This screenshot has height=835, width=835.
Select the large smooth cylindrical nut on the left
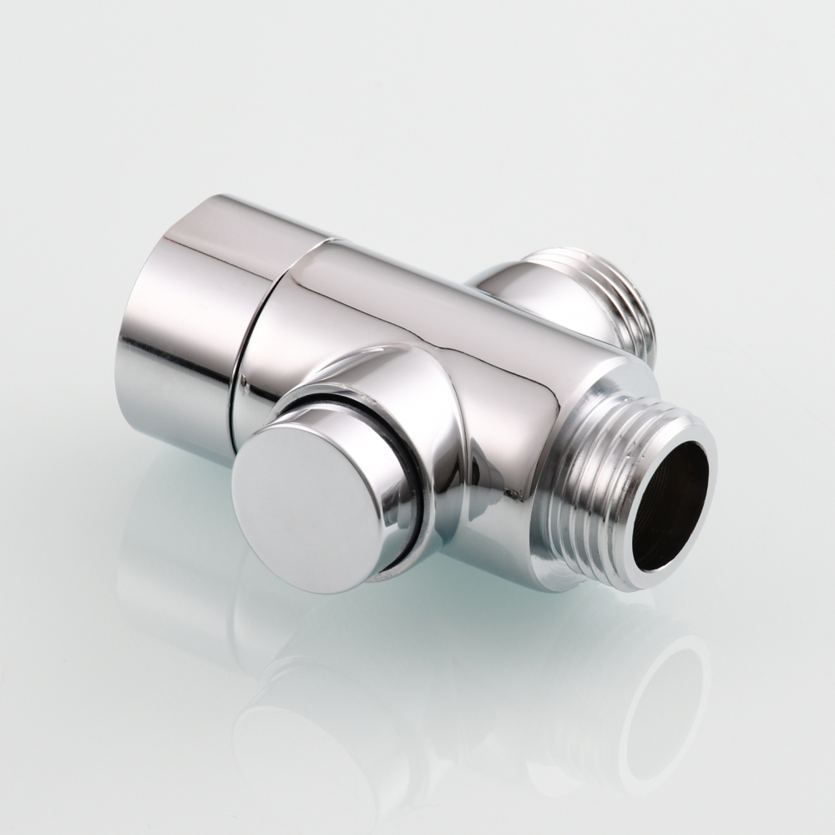point(184,317)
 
